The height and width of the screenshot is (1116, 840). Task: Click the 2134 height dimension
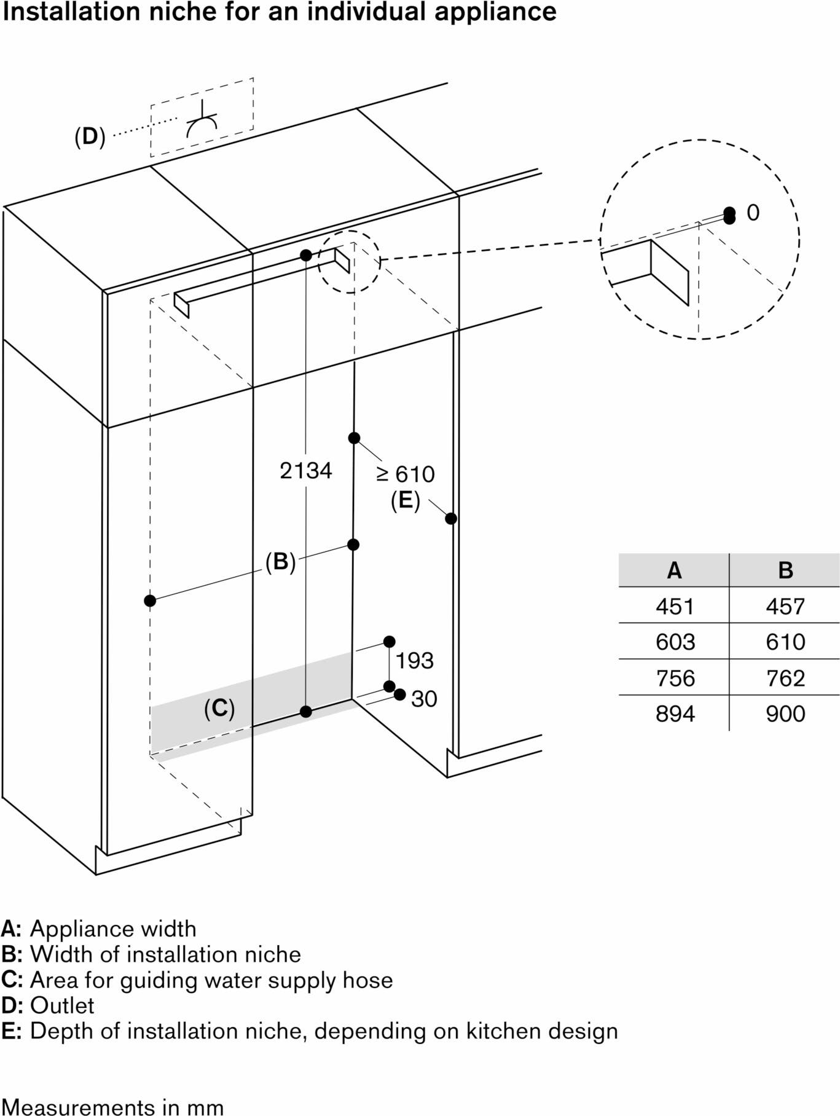(x=305, y=471)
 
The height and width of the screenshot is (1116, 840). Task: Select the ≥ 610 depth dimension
(x=406, y=474)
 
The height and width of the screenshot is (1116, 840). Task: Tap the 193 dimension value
(x=414, y=661)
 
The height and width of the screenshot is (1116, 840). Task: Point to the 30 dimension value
(x=424, y=699)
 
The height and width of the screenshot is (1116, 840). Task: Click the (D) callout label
(x=90, y=136)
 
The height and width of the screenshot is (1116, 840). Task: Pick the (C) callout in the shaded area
(x=219, y=709)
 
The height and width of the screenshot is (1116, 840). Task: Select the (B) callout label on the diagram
(x=280, y=562)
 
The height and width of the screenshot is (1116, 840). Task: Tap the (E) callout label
(x=406, y=501)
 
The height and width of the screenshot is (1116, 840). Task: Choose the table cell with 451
(x=675, y=607)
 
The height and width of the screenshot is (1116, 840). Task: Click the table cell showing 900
(x=785, y=713)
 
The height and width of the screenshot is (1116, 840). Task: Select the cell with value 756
(x=675, y=678)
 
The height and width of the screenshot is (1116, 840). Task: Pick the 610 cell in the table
(x=785, y=642)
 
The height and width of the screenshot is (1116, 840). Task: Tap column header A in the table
(x=674, y=570)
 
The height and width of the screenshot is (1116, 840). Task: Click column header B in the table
(x=785, y=570)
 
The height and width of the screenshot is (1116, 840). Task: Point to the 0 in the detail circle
(x=753, y=213)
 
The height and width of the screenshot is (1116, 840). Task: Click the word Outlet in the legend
(x=62, y=1005)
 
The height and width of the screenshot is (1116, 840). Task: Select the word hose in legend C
(x=367, y=980)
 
